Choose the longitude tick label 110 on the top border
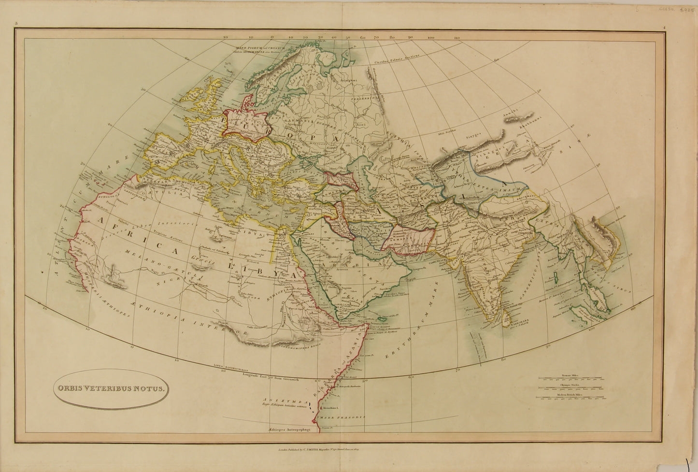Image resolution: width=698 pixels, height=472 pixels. point(456,37)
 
